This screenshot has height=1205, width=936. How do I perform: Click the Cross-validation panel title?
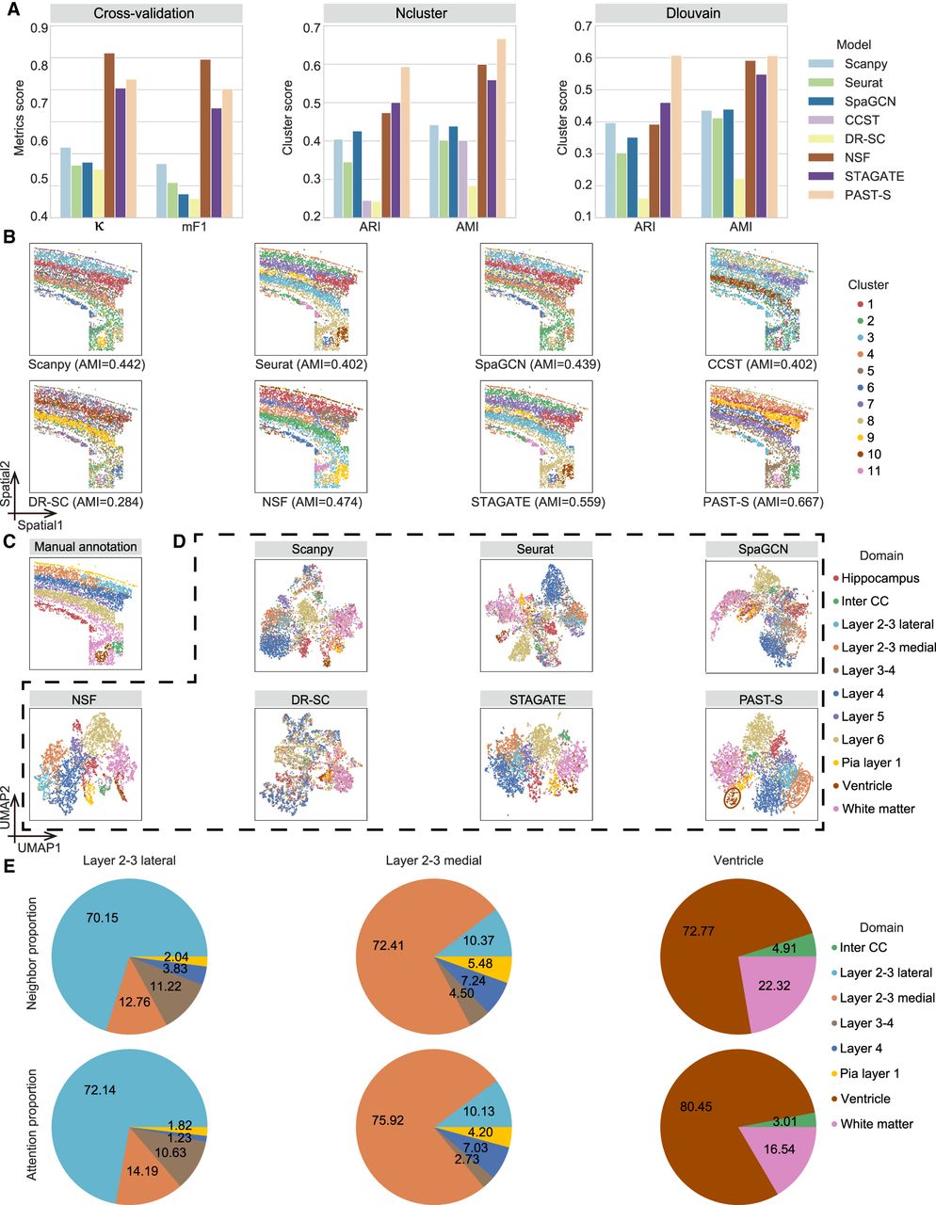tap(144, 13)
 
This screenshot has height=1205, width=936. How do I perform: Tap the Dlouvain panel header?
tap(693, 13)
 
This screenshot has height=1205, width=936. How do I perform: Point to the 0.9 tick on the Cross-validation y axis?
tap(40, 27)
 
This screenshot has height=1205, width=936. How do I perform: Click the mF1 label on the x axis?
tap(194, 226)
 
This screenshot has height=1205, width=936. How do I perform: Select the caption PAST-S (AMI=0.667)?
tap(763, 503)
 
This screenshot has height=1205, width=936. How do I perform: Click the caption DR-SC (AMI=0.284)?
tap(85, 503)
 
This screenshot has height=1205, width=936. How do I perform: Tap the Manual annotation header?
tap(86, 547)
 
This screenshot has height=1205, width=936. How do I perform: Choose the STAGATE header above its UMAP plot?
tap(538, 699)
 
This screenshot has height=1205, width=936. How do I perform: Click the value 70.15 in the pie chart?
tap(102, 918)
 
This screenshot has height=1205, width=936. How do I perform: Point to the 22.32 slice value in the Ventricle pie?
tap(773, 986)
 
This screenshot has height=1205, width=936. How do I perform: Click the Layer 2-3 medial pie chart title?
tap(433, 860)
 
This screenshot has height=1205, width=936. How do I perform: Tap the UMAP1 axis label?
tap(39, 847)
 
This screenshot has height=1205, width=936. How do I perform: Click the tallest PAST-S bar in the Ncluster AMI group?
tap(501, 128)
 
